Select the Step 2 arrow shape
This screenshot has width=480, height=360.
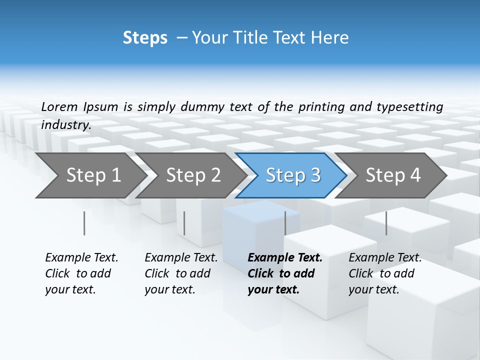tap(192, 175)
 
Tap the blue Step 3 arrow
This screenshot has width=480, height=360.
tap(292, 175)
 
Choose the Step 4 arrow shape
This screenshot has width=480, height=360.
tap(392, 175)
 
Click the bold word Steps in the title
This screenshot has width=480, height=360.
tap(145, 38)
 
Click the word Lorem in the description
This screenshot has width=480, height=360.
tap(59, 106)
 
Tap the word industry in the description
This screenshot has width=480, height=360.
tap(66, 125)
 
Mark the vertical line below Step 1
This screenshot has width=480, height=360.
tap(84, 223)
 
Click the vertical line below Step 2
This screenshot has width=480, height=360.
tap(184, 223)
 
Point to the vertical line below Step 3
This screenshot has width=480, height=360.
tap(285, 223)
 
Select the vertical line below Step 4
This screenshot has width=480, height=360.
tap(386, 223)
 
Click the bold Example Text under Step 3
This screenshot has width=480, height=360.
tap(285, 258)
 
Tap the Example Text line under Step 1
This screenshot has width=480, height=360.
tap(81, 258)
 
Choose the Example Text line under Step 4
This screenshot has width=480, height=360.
tap(385, 258)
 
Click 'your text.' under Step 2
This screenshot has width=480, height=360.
tap(169, 289)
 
